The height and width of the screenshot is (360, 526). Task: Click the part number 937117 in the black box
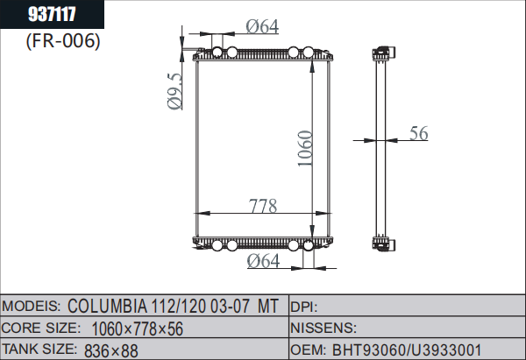52,14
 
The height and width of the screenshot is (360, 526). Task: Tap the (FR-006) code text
63,41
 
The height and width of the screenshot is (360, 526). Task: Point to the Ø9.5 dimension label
174,91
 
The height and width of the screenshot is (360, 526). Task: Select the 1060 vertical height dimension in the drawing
305,148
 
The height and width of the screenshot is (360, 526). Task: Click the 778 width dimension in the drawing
263,206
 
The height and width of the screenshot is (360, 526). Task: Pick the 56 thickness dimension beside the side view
419,133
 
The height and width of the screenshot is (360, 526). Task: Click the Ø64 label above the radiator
262,27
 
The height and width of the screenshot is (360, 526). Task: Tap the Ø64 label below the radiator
263,261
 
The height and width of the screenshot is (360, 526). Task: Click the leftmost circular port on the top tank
217,52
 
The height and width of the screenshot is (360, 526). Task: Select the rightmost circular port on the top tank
309,52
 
